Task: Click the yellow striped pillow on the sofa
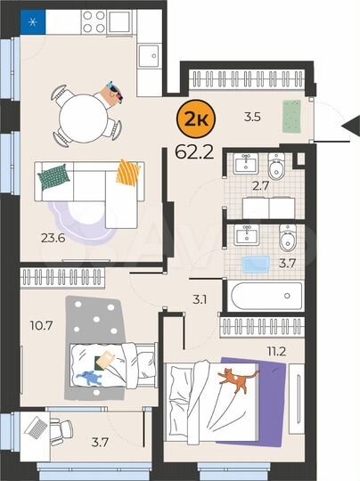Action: click(129, 171)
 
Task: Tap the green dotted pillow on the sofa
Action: click(53, 176)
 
